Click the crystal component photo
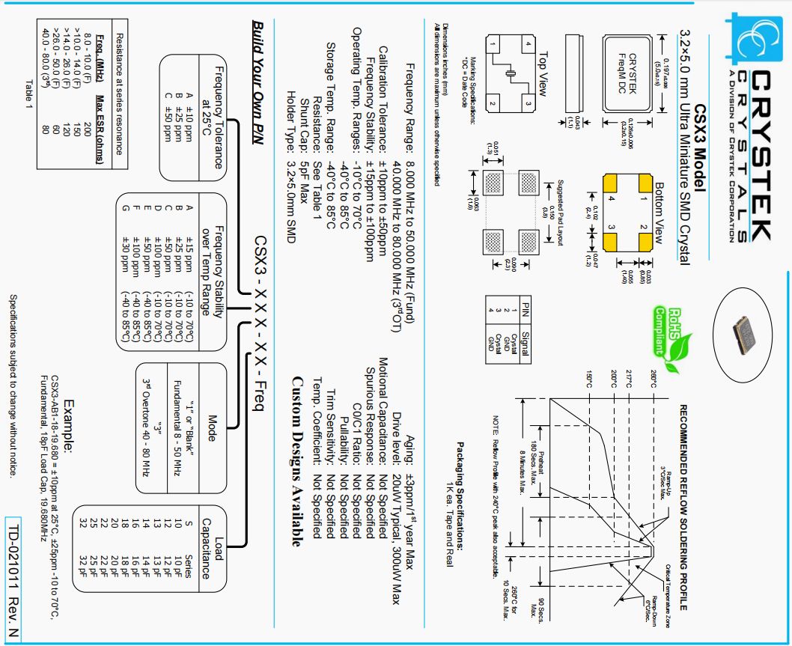click(748, 329)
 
